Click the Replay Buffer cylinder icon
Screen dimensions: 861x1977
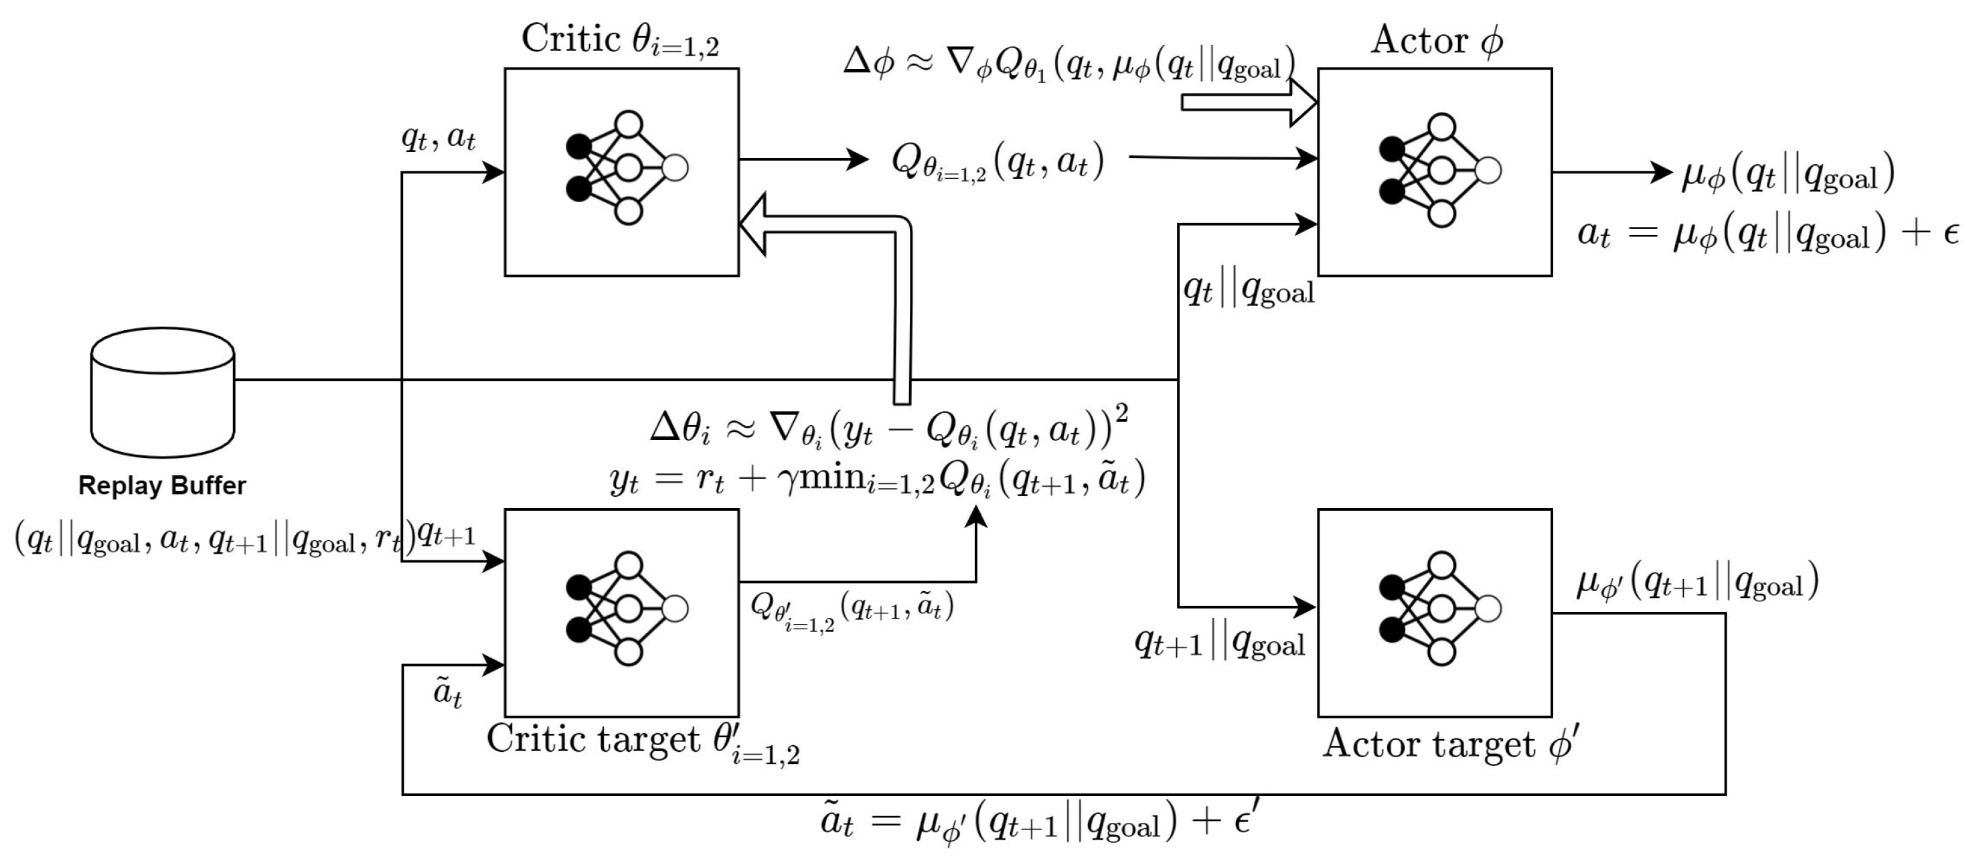pos(162,393)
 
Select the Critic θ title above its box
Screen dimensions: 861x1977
pos(620,40)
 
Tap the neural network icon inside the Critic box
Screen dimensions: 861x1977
pos(626,168)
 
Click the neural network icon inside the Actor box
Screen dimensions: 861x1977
pos(1440,170)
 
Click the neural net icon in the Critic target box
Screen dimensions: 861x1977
pos(626,609)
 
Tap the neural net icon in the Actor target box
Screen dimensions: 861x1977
pos(1440,609)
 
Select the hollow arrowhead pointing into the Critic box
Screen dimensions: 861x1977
pos(756,224)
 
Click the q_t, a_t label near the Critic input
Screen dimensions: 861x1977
pos(439,138)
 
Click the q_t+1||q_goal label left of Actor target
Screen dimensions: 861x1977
pos(1218,643)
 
